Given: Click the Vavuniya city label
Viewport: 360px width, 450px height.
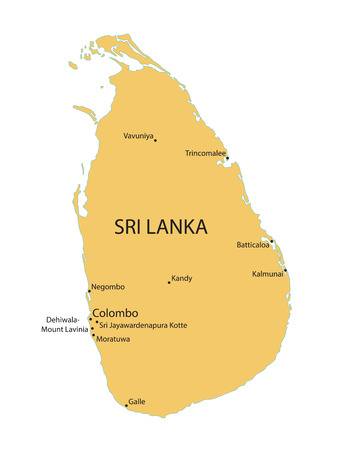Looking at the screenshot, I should (138, 135).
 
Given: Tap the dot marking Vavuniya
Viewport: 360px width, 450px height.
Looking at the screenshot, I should (155, 140).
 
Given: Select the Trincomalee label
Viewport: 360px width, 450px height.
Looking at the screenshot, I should (205, 153).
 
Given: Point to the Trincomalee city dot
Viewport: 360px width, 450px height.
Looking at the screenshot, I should (227, 158).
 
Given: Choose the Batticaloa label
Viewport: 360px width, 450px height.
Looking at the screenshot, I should (252, 244).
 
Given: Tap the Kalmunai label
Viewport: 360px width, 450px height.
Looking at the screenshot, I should (266, 273).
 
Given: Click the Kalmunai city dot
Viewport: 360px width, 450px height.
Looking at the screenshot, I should (285, 269).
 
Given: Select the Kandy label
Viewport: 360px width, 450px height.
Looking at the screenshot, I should (182, 278).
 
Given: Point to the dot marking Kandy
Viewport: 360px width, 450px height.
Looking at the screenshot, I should (169, 282).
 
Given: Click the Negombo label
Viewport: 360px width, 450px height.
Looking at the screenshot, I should (108, 287).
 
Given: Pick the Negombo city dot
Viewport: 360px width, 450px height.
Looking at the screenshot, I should (89, 291).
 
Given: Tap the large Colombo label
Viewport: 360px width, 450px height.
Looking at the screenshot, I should (115, 312).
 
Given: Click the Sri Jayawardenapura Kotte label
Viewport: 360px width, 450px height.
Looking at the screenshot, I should (143, 325).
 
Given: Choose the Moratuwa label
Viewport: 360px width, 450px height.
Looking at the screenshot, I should (113, 339).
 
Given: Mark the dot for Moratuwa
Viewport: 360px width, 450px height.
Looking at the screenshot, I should (95, 335).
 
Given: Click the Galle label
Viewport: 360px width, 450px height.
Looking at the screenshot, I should (138, 401).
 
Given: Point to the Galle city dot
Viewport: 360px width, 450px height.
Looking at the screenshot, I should (126, 405).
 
